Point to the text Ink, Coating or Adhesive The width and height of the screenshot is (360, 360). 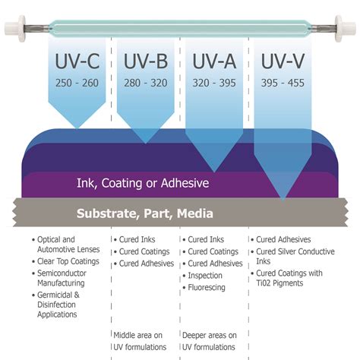tap(143, 183)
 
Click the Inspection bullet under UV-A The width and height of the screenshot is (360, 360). tap(205, 276)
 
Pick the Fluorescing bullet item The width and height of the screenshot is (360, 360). tap(207, 288)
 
